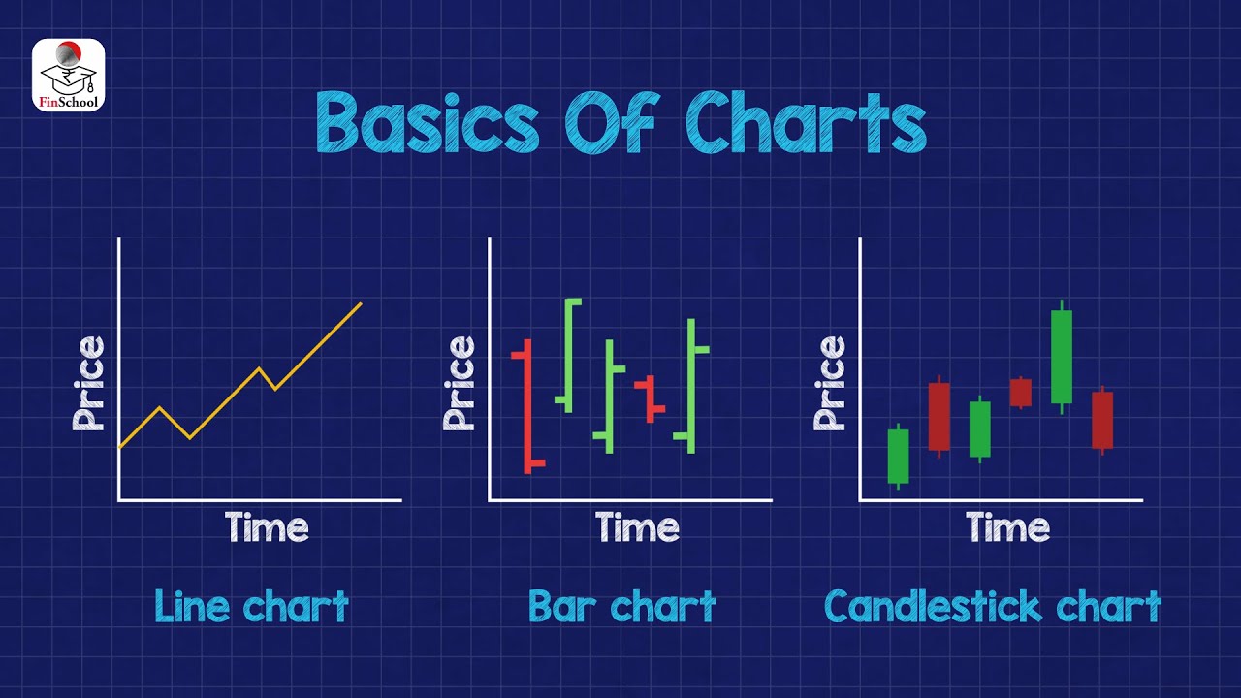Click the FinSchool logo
[x=68, y=75]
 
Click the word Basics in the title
[x=428, y=124]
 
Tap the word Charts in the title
[x=806, y=124]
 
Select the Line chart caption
[x=251, y=608]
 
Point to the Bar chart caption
[x=621, y=608]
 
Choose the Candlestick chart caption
[x=992, y=608]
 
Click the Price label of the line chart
[x=88, y=383]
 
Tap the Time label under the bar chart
[x=637, y=528]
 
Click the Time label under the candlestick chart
[x=1007, y=528]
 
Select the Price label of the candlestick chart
[x=830, y=383]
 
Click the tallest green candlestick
[x=1062, y=357]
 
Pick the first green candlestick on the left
[x=898, y=456]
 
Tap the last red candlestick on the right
[x=1102, y=420]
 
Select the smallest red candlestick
[x=1020, y=392]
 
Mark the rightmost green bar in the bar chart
[x=691, y=386]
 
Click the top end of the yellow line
[x=361, y=304]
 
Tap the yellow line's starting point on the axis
[x=120, y=447]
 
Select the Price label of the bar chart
[x=460, y=383]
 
